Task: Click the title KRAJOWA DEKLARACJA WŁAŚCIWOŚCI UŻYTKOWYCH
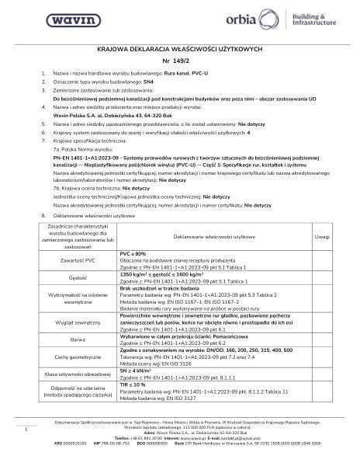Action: point(179,49)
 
